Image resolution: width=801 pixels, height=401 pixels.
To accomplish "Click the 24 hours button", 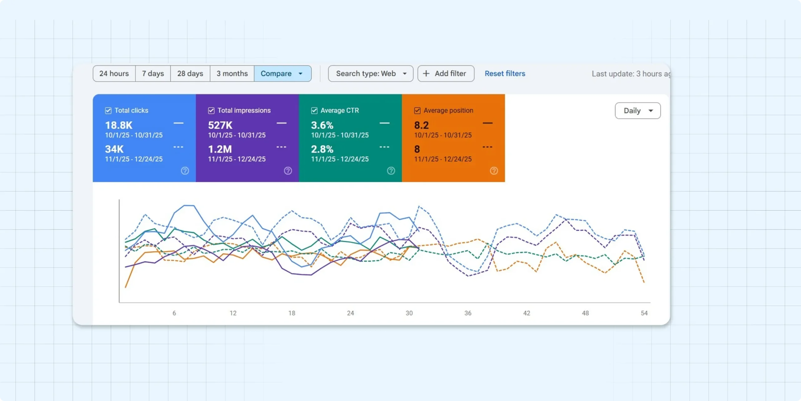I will point(114,74).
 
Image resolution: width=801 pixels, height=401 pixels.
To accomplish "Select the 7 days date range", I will point(153,74).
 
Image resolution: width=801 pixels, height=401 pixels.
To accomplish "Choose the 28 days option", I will point(190,74).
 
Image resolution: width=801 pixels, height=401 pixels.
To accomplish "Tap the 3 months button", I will point(232,74).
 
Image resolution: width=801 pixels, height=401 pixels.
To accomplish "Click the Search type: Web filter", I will point(370,74).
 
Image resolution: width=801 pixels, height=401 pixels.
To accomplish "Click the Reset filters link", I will point(505,74).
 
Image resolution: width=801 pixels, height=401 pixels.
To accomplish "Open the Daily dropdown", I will point(638,111).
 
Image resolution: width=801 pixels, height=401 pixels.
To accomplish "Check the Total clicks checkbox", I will point(108,111).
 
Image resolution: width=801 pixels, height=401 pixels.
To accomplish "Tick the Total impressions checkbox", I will point(211,111).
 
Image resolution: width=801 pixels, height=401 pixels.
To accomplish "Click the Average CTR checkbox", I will point(314,111).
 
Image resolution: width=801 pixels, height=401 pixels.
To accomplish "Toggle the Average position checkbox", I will point(417,111).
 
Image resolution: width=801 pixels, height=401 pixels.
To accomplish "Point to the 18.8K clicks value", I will point(119,125).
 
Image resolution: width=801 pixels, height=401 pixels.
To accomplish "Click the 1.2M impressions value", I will point(220,149).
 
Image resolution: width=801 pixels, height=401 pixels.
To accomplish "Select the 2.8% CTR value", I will point(322,149).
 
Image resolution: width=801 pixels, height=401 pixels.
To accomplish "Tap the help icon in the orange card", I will point(494,171).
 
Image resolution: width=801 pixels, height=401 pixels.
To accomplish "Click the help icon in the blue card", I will point(185,171).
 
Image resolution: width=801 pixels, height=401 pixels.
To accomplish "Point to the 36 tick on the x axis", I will point(468,313).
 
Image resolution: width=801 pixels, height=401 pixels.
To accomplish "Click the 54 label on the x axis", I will point(644,313).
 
